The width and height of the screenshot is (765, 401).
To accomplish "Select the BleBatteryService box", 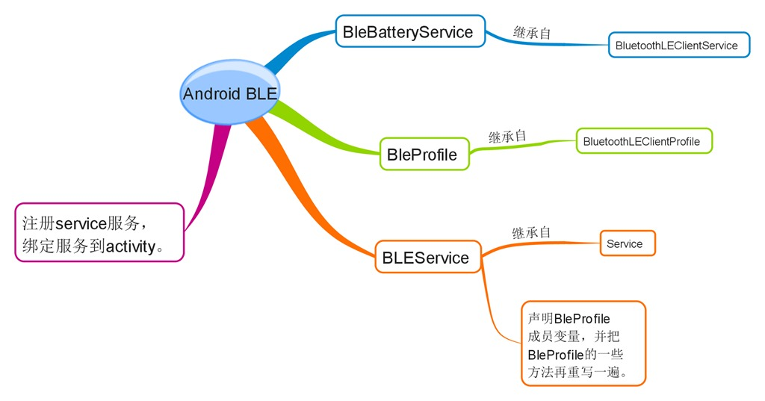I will [408, 32].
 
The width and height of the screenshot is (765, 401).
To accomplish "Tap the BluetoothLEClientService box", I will [678, 46].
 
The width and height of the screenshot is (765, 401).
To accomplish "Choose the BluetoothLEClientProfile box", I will [643, 141].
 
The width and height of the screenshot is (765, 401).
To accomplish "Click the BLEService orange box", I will [427, 258].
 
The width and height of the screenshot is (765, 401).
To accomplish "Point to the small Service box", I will [627, 243].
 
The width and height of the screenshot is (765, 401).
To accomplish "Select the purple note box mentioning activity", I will [99, 232].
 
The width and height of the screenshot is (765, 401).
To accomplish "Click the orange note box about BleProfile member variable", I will [583, 344].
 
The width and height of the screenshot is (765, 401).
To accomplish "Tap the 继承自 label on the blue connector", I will [533, 32].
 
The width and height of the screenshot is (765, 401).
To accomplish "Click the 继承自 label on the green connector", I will [507, 137].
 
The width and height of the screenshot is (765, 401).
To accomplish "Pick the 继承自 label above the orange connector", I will [531, 232].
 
